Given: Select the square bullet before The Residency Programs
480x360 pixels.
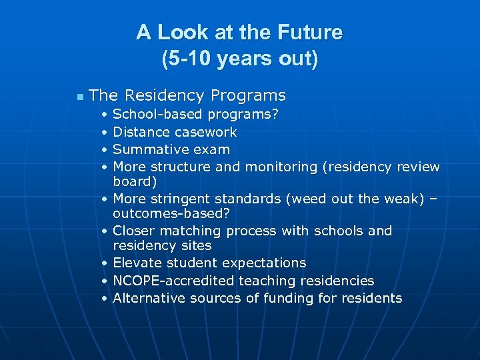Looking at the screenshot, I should [x=80, y=97].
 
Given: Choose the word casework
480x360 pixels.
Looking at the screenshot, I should [x=205, y=132].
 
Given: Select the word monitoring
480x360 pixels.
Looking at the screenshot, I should [x=283, y=167].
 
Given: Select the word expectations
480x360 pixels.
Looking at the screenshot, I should [x=266, y=263].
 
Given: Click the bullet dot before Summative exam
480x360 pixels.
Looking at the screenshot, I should [x=105, y=149].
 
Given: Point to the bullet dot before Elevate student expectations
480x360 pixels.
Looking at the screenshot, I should [x=105, y=263].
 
